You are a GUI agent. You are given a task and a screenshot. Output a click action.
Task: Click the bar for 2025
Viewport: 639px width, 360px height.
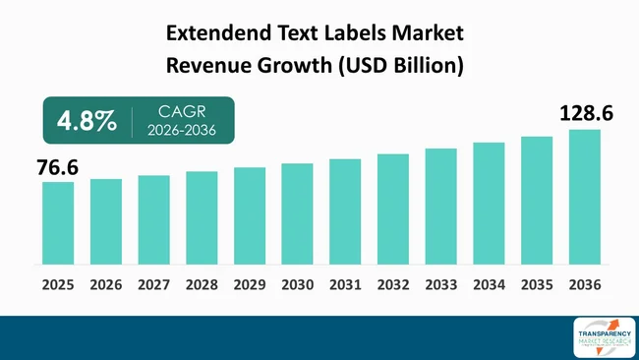pos(58,223)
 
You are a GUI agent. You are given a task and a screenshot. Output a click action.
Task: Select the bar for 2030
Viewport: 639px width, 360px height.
pos(297,213)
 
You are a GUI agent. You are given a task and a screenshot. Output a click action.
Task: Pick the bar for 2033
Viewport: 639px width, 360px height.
pos(440,207)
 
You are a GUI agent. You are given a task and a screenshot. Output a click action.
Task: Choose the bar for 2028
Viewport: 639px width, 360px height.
pos(202,217)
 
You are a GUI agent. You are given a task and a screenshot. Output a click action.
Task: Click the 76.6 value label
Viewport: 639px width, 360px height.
pos(58,167)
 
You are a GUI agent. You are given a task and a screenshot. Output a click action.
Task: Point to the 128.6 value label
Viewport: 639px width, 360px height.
pos(586,115)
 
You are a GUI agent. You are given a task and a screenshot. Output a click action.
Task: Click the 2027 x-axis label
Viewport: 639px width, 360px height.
pos(153,285)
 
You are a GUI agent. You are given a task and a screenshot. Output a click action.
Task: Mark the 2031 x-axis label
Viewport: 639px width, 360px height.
pos(345,285)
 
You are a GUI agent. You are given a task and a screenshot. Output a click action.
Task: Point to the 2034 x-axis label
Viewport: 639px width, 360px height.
pos(489,285)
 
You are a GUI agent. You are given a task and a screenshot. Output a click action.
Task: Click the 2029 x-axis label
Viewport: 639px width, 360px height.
pos(250,285)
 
